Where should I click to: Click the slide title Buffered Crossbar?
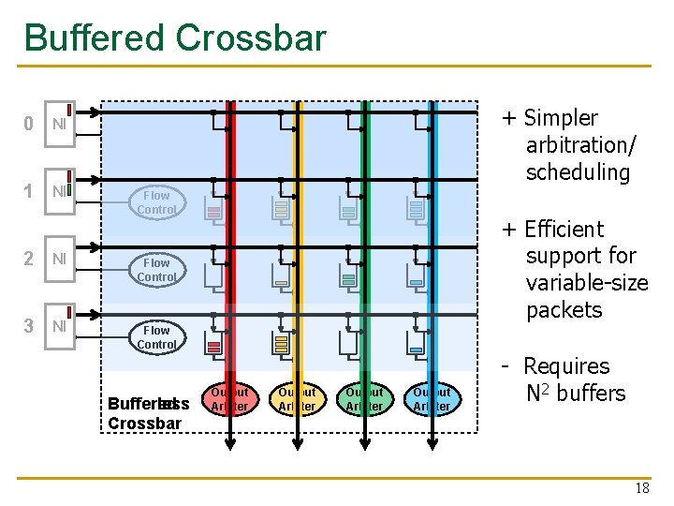click(175, 38)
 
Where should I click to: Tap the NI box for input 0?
click(58, 124)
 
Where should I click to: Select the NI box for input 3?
click(58, 326)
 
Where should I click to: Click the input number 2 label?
click(29, 259)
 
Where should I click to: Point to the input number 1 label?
click(29, 191)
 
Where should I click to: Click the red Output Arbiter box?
click(229, 398)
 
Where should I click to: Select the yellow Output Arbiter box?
click(297, 398)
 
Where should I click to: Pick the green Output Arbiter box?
click(364, 398)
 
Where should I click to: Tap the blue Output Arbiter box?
click(432, 398)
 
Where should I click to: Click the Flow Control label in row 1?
click(156, 202)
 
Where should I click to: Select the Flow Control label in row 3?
click(156, 337)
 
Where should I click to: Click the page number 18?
click(642, 489)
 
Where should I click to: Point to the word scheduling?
click(578, 172)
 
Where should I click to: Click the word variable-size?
click(587, 283)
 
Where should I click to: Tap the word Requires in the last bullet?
click(565, 366)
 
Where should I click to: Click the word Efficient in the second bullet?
click(564, 230)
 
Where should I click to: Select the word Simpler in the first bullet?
click(561, 118)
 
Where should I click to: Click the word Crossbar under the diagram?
click(145, 423)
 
